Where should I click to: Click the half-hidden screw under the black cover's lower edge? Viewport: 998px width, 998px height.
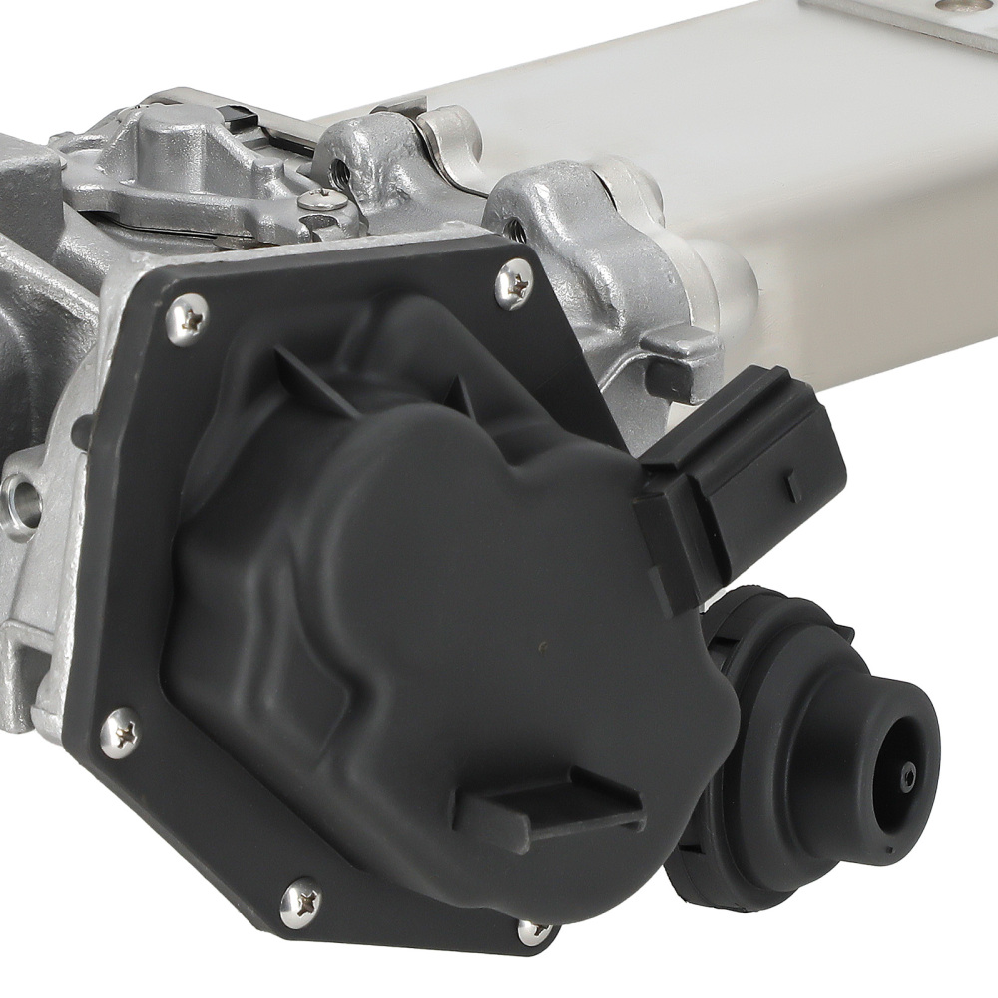(535, 931)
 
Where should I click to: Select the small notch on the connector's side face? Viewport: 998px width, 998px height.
(792, 488)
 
